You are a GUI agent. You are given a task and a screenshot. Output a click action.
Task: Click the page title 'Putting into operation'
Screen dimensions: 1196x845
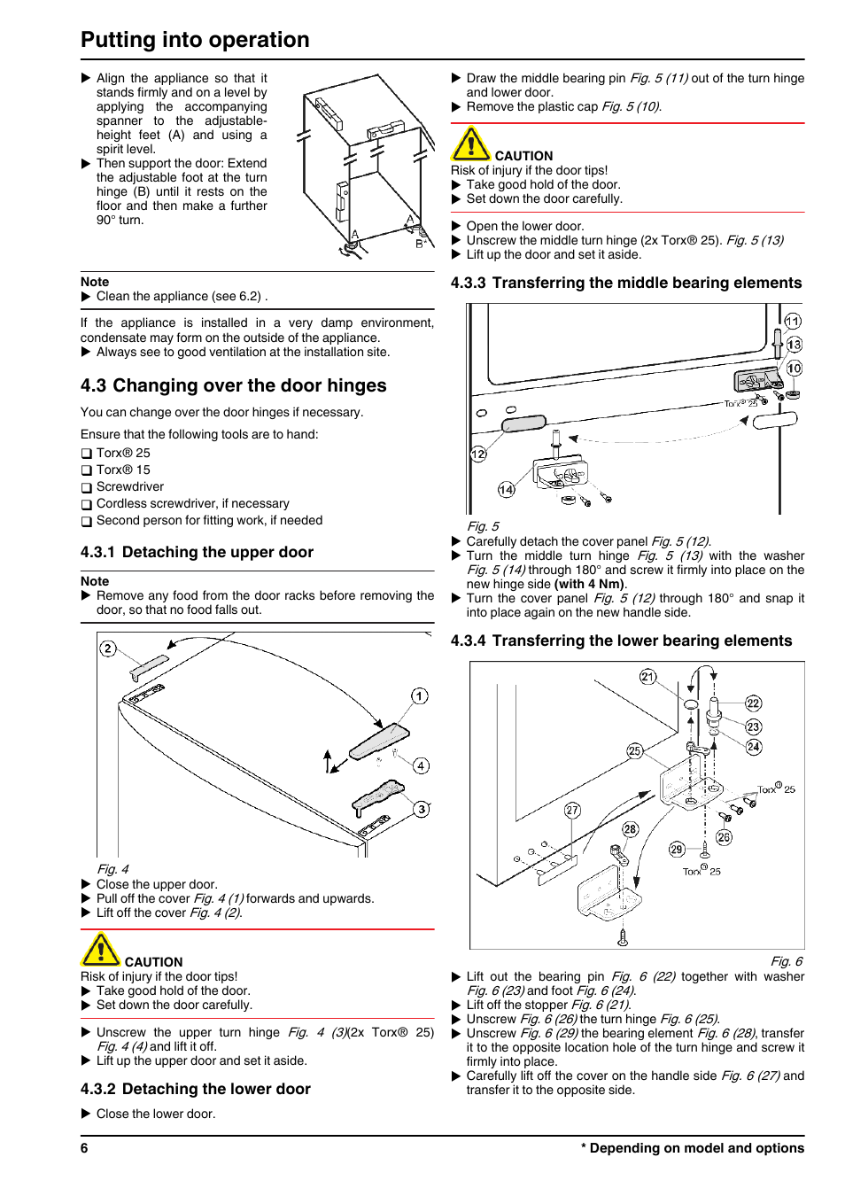pos(195,40)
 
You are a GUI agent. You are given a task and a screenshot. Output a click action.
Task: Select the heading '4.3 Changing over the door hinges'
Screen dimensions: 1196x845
pos(233,385)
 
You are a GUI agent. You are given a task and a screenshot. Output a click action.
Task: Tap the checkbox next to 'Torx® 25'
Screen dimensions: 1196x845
pos(87,454)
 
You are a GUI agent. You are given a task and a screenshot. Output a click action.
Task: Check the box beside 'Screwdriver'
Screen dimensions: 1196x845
pos(87,487)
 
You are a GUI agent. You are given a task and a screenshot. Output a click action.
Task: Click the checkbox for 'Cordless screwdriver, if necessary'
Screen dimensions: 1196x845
pos(87,504)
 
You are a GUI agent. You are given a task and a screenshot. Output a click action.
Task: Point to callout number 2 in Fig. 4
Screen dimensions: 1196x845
pos(108,648)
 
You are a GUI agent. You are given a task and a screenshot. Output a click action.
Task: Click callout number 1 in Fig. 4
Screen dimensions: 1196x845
pos(420,695)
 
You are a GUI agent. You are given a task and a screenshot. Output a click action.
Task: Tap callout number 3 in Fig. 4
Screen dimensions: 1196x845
pos(422,809)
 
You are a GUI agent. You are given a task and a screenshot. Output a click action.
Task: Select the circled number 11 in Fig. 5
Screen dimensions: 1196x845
pos(793,321)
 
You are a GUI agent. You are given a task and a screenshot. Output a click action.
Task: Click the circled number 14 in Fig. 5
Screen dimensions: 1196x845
pos(506,489)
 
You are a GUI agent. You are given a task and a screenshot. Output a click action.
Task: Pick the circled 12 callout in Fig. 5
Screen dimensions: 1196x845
pos(478,454)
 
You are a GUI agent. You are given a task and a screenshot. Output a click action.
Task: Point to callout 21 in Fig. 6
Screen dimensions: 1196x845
pos(648,677)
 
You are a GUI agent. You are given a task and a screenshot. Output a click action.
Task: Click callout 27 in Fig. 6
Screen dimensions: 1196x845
pos(572,810)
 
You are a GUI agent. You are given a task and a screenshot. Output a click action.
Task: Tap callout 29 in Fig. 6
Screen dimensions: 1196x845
pos(677,849)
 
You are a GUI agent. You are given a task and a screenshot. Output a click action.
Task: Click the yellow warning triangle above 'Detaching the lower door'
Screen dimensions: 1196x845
pos(101,950)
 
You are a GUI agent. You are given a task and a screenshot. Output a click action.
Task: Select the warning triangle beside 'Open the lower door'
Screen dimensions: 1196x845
pos(470,144)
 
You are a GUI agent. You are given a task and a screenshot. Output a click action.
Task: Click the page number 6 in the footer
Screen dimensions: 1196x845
pos(84,1148)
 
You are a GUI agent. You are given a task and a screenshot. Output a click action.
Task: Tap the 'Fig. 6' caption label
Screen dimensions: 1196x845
pos(786,961)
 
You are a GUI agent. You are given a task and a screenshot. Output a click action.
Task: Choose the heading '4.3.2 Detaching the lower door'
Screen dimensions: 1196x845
pos(195,1089)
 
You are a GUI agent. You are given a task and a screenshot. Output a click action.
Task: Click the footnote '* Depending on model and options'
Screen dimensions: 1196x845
pos(692,1148)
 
